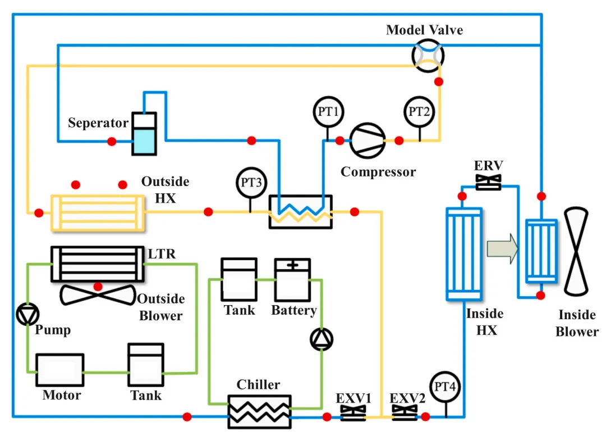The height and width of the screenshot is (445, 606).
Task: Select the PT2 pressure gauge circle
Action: pos(419,111)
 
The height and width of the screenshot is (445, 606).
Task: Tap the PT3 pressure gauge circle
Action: pos(250,183)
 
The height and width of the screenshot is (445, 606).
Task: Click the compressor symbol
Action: pos(368,140)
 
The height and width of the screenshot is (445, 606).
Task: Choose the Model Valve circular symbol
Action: pos(428,55)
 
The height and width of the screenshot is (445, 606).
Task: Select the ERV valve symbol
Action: pos(488,182)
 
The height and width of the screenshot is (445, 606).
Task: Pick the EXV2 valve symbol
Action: pos(405,416)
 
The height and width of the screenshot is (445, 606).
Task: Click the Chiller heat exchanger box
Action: pos(259,412)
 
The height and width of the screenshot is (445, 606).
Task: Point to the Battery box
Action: pos(292,279)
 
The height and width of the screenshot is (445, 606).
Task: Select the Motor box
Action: pos(60,371)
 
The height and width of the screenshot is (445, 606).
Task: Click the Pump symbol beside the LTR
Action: pos(27,315)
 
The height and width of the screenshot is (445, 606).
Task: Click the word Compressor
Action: pos(378,171)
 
